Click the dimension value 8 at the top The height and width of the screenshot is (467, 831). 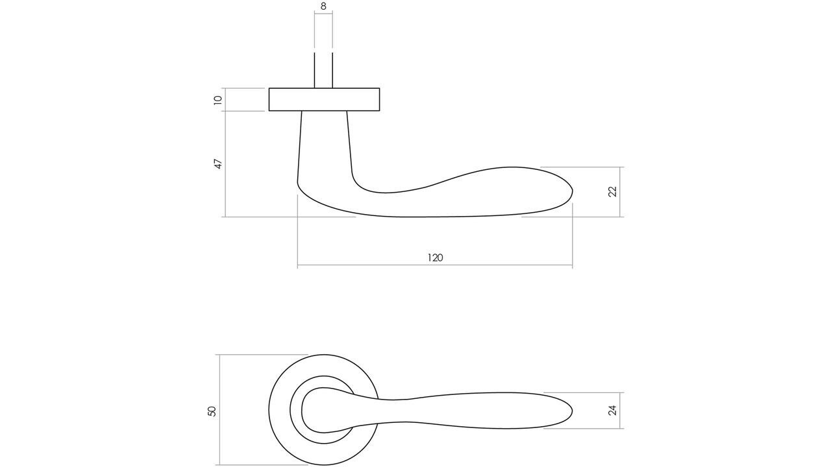tap(323, 6)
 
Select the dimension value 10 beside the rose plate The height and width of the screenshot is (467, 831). tap(218, 100)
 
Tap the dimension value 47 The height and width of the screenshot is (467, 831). tap(219, 163)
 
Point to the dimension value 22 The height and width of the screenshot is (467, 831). tap(612, 191)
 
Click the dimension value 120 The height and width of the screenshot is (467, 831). tap(435, 257)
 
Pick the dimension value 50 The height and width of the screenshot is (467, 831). tap(212, 411)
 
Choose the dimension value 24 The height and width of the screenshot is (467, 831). tap(612, 410)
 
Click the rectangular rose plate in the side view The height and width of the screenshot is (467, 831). tap(324, 99)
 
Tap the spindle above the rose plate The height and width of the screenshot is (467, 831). tap(323, 70)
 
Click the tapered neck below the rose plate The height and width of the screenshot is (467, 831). tap(324, 143)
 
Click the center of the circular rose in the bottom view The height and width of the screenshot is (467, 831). tap(324, 410)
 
